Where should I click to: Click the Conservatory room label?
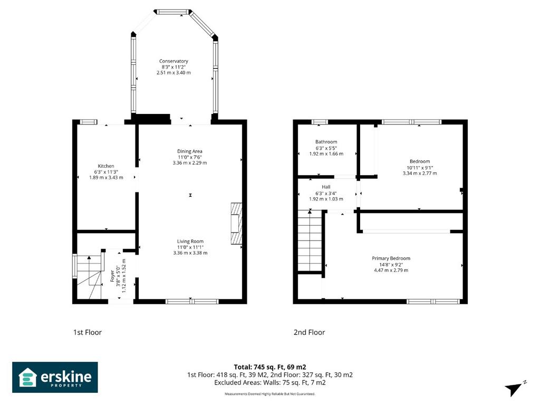[173, 61]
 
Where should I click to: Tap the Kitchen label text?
[105, 166]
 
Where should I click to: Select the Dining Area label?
[190, 151]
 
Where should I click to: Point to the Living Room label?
[190, 242]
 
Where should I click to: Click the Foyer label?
[112, 276]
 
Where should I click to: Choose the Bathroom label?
[326, 142]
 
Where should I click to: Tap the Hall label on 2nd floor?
[326, 187]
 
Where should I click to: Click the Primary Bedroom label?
[391, 258]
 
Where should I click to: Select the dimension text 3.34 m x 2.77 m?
[420, 173]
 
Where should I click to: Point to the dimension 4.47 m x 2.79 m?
[391, 271]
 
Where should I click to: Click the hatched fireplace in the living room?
[236, 224]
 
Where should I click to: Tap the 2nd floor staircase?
[310, 240]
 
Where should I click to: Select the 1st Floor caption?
[88, 332]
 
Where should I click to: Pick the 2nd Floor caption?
[309, 332]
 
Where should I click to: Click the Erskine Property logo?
[55, 377]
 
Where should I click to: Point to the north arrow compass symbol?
[515, 389]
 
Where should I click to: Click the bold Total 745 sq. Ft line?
[270, 367]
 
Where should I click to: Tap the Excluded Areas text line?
[270, 383]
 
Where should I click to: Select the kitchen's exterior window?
[89, 122]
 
